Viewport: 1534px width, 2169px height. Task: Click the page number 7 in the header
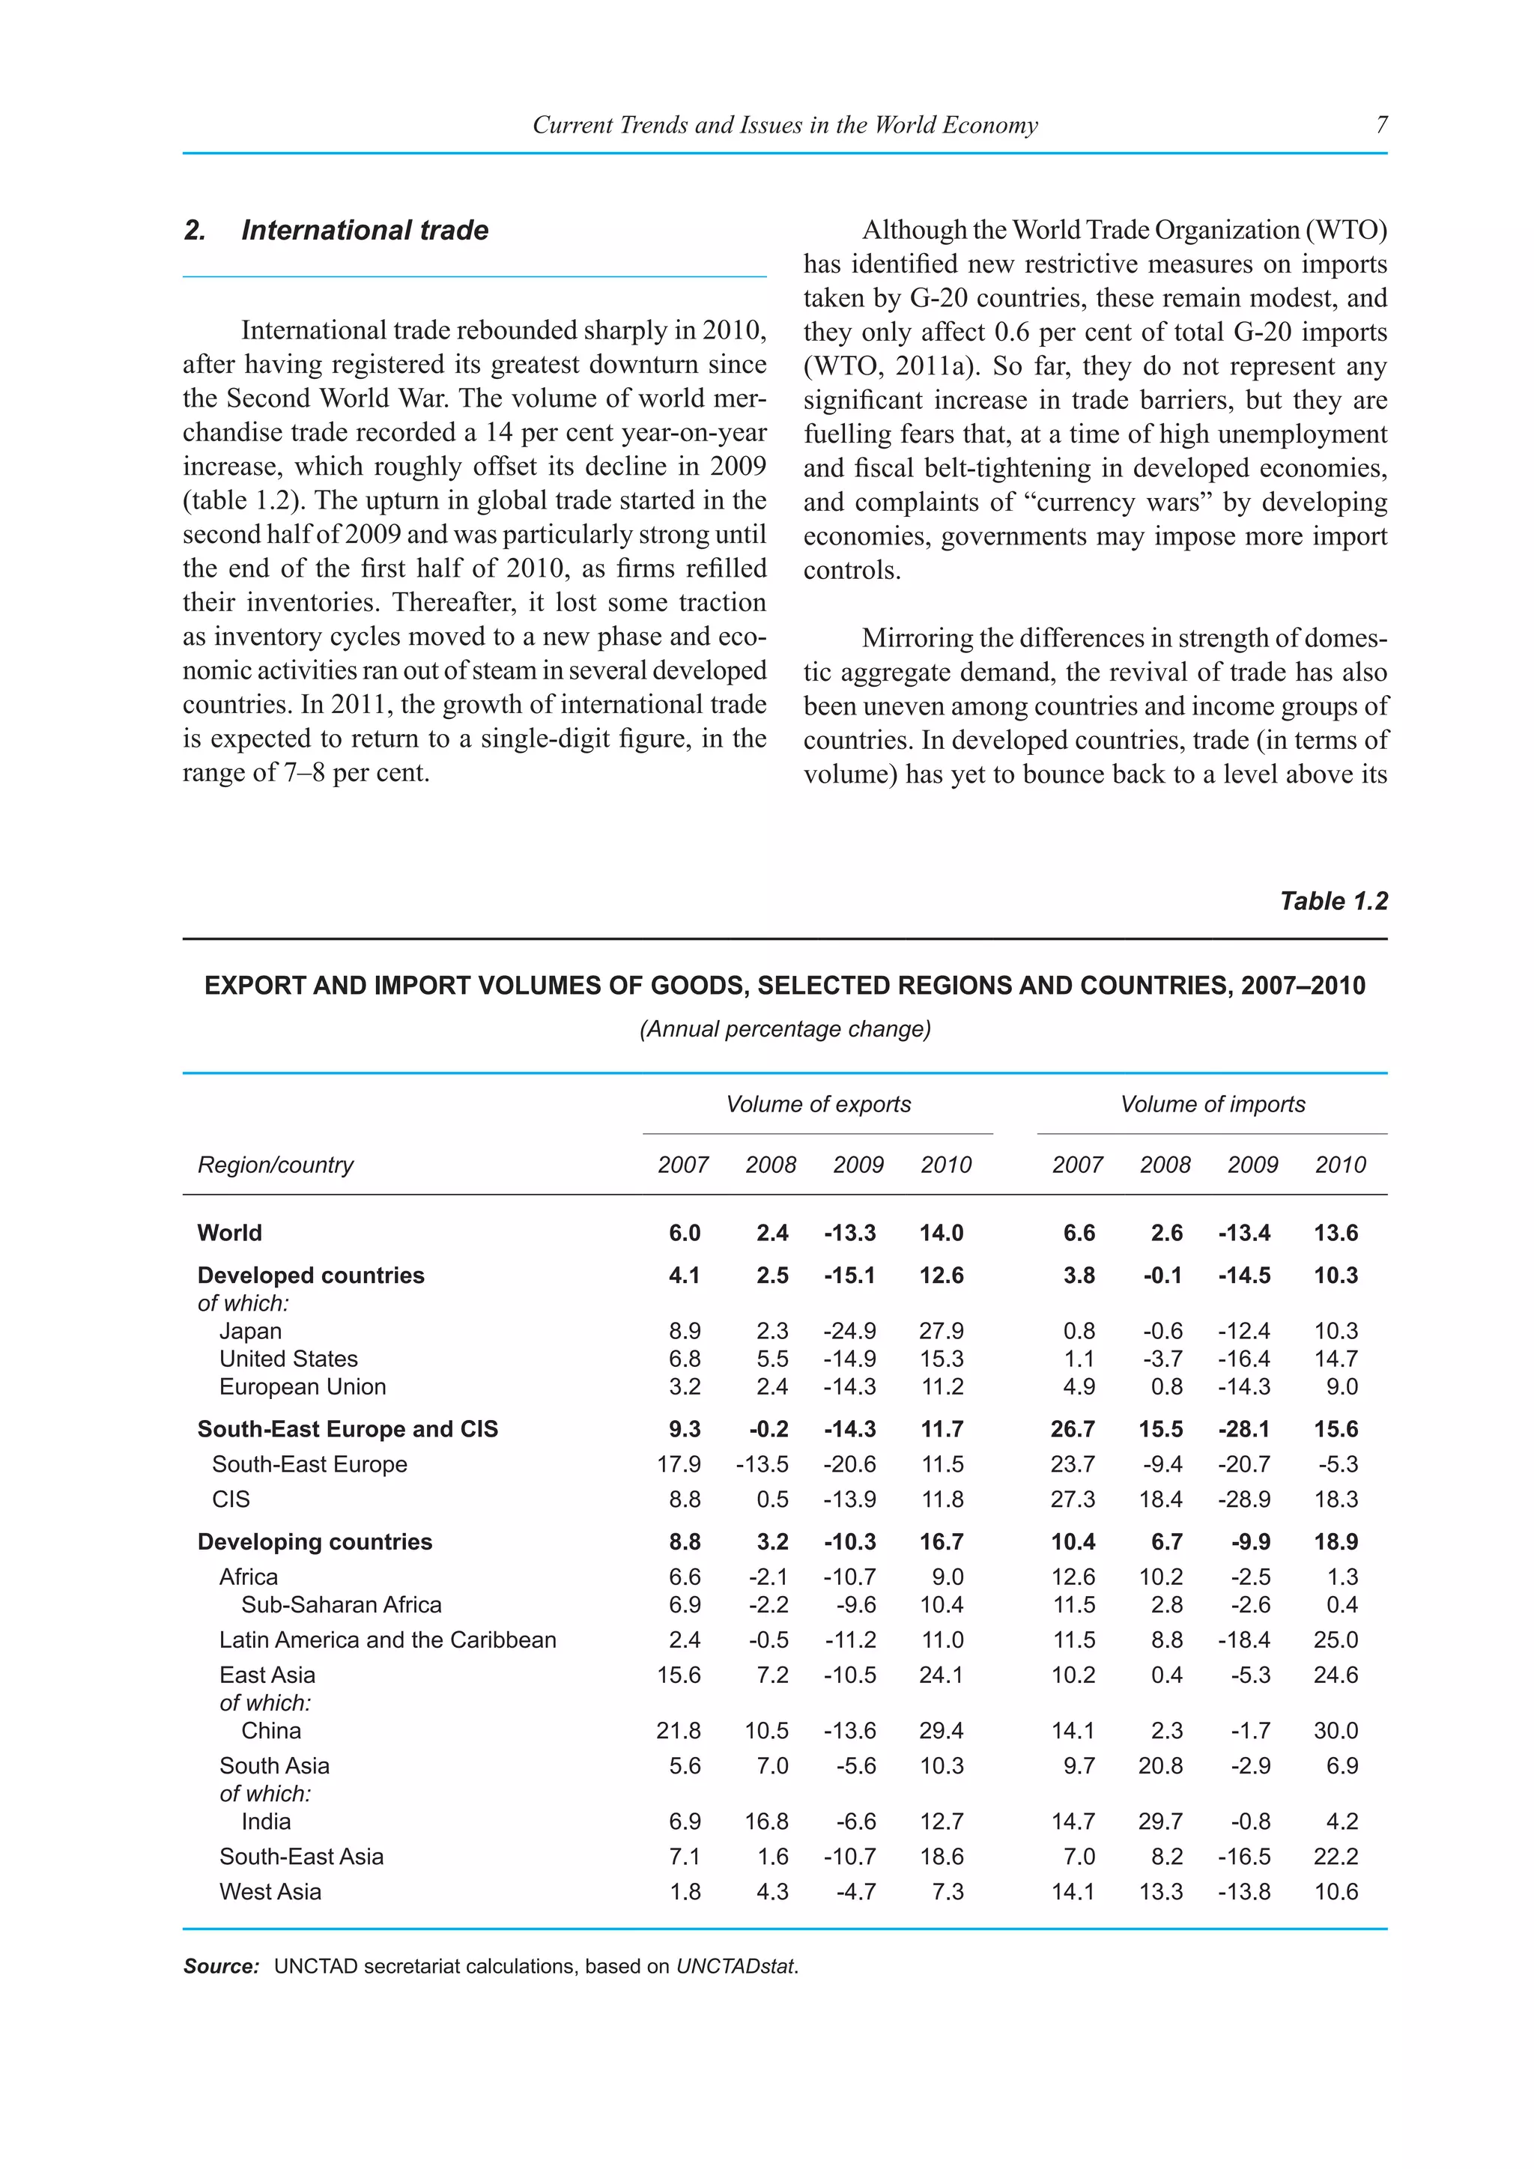point(1382,124)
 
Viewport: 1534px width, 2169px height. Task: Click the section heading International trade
point(364,231)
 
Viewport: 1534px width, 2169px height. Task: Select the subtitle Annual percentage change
point(785,1029)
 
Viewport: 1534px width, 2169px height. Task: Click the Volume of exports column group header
point(818,1104)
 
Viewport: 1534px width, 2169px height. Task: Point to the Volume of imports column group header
point(1212,1104)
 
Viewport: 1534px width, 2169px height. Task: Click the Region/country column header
point(275,1165)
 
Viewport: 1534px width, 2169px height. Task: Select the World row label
point(229,1233)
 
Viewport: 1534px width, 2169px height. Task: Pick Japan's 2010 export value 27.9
point(941,1331)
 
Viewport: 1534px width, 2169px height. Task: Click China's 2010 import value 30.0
point(1336,1731)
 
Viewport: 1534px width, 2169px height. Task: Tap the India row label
point(265,1821)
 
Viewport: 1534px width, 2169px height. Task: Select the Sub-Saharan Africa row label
point(341,1605)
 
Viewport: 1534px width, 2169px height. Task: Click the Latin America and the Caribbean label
point(387,1640)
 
